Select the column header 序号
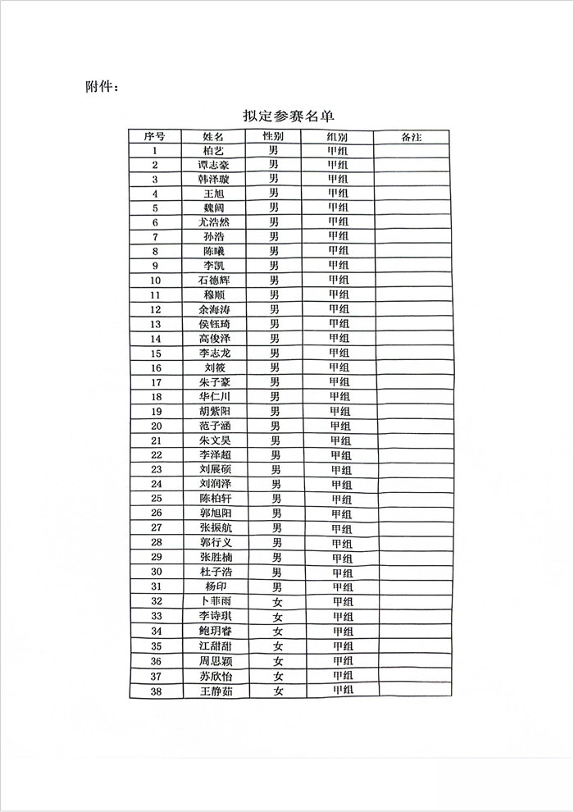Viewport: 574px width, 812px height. click(155, 136)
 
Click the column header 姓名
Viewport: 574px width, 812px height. click(213, 136)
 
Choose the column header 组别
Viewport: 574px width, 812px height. click(337, 136)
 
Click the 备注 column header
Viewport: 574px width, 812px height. click(412, 136)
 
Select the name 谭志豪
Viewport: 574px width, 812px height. click(214, 165)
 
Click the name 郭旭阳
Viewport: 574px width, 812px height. click(216, 513)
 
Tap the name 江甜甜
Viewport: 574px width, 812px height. click(216, 645)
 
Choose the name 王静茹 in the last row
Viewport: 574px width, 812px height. click(216, 691)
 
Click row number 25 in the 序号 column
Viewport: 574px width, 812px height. click(156, 499)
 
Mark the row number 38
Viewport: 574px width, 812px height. click(156, 691)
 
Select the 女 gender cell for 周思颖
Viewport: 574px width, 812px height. click(278, 661)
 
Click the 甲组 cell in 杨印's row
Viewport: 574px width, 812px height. click(342, 586)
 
